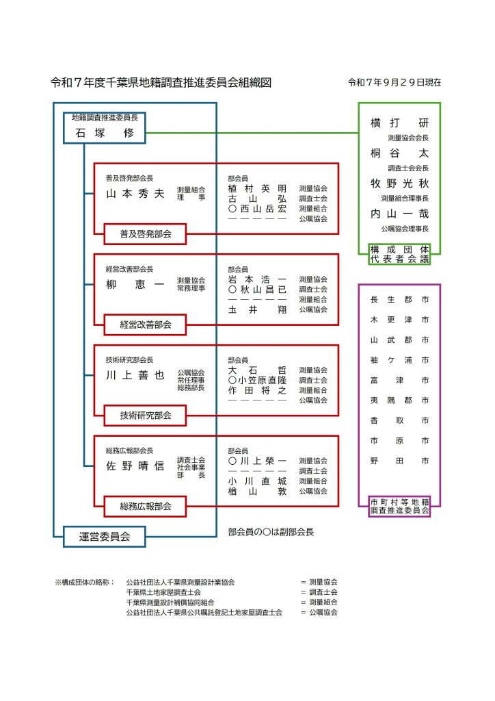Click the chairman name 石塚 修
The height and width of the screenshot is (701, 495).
pyautogui.click(x=105, y=133)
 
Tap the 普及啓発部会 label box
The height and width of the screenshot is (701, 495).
pyautogui.click(x=145, y=234)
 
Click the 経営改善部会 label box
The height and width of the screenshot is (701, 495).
pyautogui.click(x=145, y=324)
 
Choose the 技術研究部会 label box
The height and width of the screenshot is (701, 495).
pyautogui.click(x=145, y=415)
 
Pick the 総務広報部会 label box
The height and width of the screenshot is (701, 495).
pyautogui.click(x=145, y=507)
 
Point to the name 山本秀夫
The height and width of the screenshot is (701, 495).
pyautogui.click(x=135, y=193)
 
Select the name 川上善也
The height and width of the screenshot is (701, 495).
pyautogui.click(x=135, y=375)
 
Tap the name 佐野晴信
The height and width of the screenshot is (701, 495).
pyautogui.click(x=135, y=466)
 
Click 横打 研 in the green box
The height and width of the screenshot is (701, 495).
pyautogui.click(x=399, y=123)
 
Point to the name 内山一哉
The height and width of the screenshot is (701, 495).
pyautogui.click(x=399, y=214)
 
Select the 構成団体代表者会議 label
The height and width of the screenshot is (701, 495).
pyautogui.click(x=399, y=254)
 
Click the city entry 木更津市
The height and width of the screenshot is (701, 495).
pyautogui.click(x=399, y=320)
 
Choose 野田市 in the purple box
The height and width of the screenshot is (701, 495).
pyautogui.click(x=399, y=461)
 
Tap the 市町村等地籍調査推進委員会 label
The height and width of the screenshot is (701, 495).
pyautogui.click(x=399, y=507)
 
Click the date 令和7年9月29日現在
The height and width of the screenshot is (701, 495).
pyautogui.click(x=394, y=82)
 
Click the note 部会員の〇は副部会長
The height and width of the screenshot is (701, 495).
pyautogui.click(x=271, y=532)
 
